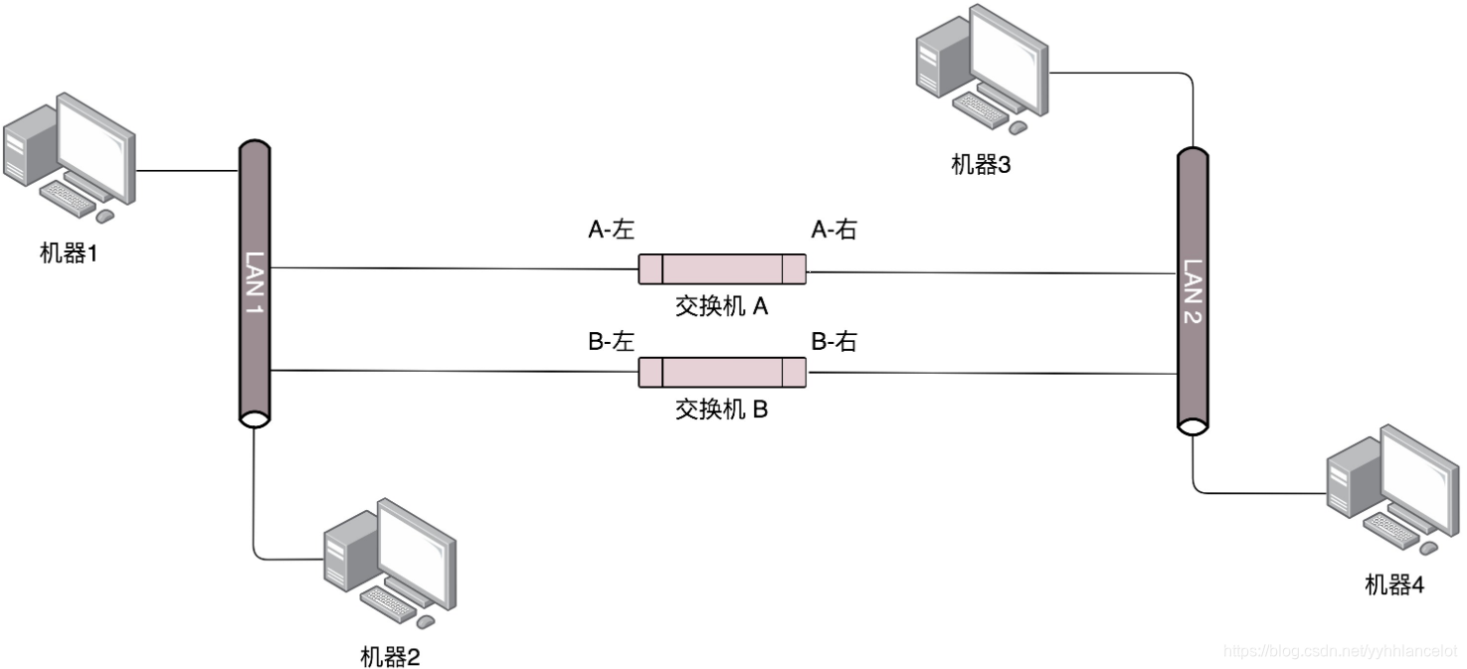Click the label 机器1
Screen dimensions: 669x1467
(x=69, y=253)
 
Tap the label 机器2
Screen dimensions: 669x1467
(x=390, y=656)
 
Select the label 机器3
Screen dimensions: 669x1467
(x=981, y=165)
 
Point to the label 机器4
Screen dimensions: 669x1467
(x=1394, y=585)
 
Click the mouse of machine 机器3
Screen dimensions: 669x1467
(x=1016, y=127)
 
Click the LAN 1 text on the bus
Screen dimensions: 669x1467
(x=255, y=284)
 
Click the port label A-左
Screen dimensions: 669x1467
(x=611, y=231)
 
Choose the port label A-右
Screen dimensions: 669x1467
(x=833, y=231)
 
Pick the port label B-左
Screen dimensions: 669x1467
(x=611, y=343)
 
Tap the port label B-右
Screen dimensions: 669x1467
(x=833, y=343)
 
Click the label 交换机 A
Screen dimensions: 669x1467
(x=722, y=306)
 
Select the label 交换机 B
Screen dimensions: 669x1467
(x=722, y=409)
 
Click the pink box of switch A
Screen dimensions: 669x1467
(x=722, y=269)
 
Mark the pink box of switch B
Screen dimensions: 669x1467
(x=722, y=372)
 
